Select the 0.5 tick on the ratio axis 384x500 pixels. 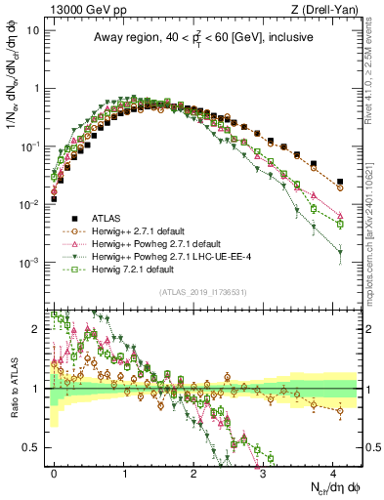point(35,447)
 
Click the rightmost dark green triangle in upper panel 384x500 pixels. point(340,252)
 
